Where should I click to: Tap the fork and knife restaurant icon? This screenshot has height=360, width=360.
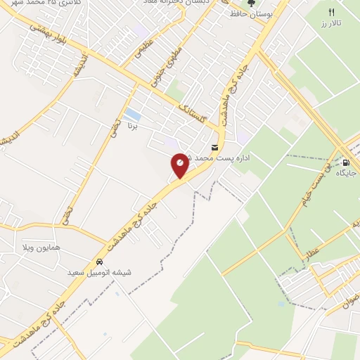pos(332,12)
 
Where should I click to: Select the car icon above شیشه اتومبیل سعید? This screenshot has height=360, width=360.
pos(99,262)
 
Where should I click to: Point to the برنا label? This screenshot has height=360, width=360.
pos(131,128)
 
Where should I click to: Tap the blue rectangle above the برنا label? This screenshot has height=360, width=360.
pos(131,114)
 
